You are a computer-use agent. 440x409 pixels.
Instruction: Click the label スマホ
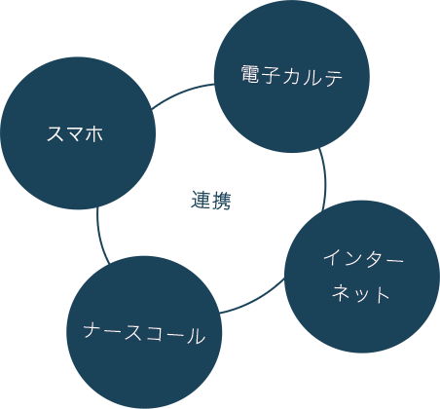coord(75,133)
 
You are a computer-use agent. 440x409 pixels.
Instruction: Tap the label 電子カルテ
coord(292,75)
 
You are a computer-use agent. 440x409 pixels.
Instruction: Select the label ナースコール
coord(144,333)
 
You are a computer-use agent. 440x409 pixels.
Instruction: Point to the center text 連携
coord(211,201)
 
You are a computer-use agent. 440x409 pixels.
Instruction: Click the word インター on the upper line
coord(363,259)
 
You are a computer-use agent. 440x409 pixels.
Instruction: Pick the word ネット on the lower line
coord(360,294)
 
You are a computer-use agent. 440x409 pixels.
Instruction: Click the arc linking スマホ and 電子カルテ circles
coord(182,93)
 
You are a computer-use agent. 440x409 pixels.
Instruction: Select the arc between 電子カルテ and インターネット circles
coord(324,178)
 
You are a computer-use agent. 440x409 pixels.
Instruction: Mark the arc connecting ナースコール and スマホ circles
coord(100,237)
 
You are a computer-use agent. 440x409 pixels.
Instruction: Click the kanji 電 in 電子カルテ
coord(251,74)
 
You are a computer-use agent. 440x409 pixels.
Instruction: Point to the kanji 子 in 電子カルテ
coord(272,75)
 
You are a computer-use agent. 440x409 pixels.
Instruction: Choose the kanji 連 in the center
coord(201,201)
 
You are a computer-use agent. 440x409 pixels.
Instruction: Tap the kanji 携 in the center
coord(221,201)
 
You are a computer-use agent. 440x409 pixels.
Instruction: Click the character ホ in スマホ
coord(94,133)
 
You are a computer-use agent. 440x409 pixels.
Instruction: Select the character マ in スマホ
coord(75,134)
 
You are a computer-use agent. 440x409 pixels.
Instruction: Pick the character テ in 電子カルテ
coord(333,77)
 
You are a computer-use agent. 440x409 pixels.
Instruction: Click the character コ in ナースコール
coord(155,334)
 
